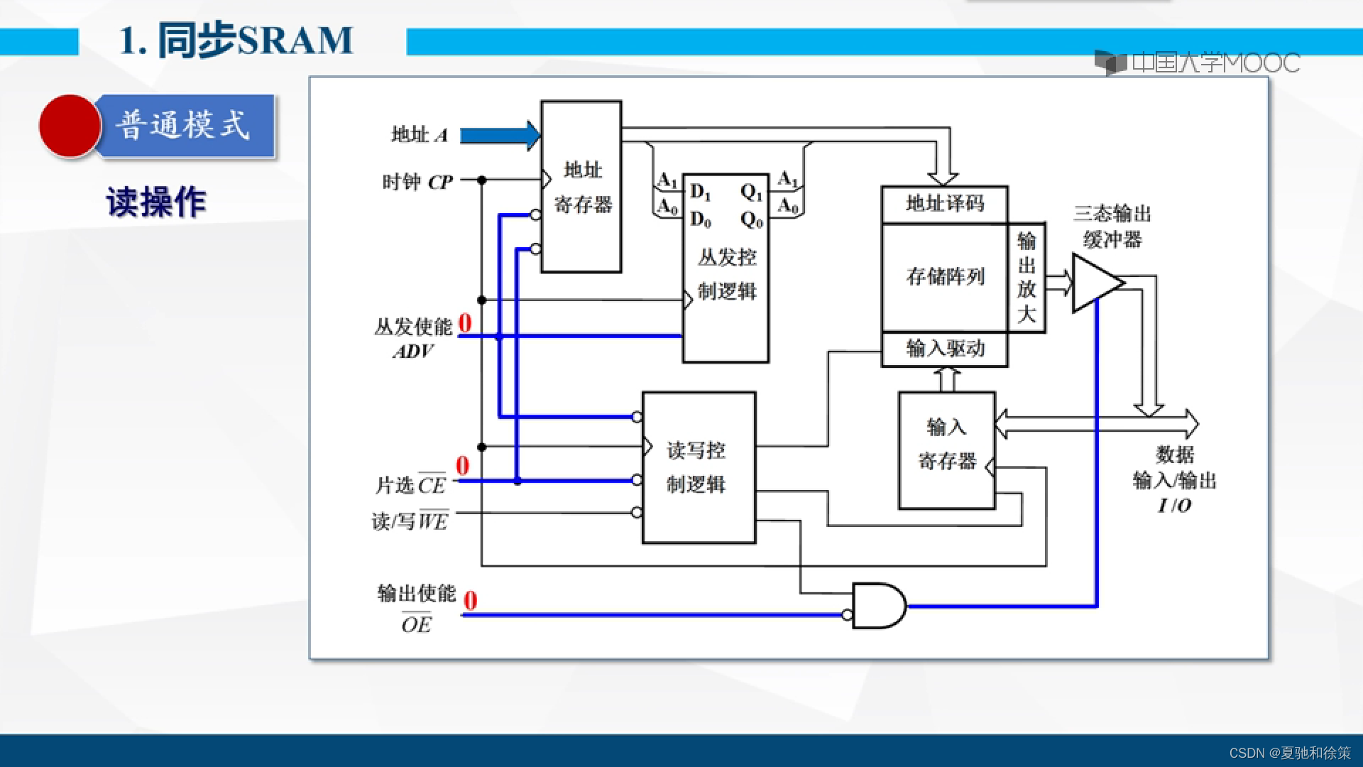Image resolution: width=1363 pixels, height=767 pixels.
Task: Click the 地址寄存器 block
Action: [x=581, y=187]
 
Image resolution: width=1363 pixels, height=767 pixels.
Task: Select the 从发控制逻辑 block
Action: [x=726, y=273]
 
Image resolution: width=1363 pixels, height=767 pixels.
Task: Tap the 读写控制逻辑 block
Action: [x=698, y=467]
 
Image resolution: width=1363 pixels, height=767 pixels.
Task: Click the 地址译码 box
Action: [x=944, y=205]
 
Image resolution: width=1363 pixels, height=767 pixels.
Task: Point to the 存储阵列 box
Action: [x=944, y=276]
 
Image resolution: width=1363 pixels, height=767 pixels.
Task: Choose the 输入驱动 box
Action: [x=944, y=349]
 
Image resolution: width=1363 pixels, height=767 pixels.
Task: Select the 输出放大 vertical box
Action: [x=1027, y=277]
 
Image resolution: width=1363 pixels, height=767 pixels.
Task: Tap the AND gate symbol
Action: [x=877, y=606]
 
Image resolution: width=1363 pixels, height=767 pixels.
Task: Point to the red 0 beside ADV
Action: [x=465, y=323]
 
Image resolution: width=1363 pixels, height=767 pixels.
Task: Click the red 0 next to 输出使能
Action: [x=470, y=601]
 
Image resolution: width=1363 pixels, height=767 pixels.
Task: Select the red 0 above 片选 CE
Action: [x=462, y=466]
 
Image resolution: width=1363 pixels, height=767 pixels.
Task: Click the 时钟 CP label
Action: [x=417, y=182]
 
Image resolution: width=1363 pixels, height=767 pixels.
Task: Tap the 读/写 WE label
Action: [x=410, y=521]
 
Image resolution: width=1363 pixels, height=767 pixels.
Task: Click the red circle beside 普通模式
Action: [x=70, y=126]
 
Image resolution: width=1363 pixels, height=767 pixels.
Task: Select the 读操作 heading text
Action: [x=156, y=202]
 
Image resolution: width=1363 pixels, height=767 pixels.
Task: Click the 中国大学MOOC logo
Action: [x=1197, y=63]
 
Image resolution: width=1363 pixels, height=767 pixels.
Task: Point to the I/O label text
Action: [x=1175, y=506]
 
